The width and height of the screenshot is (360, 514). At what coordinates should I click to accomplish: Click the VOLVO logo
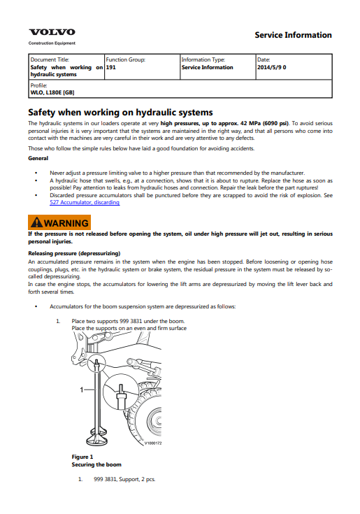pyautogui.click(x=52, y=32)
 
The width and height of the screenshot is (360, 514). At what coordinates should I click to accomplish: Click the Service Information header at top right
pyautogui.click(x=293, y=35)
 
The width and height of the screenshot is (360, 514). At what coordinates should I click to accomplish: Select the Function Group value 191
pyautogui.click(x=110, y=67)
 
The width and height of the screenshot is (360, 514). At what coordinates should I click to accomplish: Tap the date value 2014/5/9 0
pyautogui.click(x=271, y=67)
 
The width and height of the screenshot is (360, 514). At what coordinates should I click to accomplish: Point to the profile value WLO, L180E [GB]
pyautogui.click(x=52, y=92)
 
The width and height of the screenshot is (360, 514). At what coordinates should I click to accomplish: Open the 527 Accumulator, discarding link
pyautogui.click(x=85, y=202)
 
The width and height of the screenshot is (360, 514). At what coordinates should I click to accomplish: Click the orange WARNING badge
pyautogui.click(x=59, y=222)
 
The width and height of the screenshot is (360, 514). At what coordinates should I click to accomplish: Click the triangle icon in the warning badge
pyautogui.click(x=36, y=222)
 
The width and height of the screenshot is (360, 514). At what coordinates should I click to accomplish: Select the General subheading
pyautogui.click(x=38, y=158)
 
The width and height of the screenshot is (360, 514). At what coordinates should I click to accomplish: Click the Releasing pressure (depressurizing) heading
pyautogui.click(x=74, y=253)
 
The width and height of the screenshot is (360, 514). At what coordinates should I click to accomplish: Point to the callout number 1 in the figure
pyautogui.click(x=82, y=390)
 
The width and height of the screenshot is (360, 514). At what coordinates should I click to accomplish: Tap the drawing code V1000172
pyautogui.click(x=153, y=443)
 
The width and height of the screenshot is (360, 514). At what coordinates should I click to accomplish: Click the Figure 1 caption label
pyautogui.click(x=82, y=457)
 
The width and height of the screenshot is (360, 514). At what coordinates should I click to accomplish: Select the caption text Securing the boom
pyautogui.click(x=96, y=464)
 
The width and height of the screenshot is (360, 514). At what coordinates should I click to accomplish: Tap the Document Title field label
pyautogui.click(x=50, y=59)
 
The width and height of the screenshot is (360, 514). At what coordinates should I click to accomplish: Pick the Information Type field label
pyautogui.click(x=203, y=59)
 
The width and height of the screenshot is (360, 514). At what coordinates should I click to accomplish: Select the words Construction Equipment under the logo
pyautogui.click(x=52, y=43)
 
